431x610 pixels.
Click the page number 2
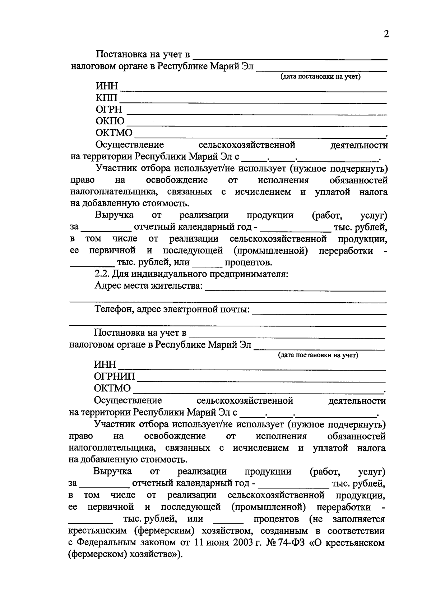click(x=386, y=35)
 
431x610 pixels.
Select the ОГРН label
click(x=109, y=109)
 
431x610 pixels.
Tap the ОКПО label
click(x=110, y=121)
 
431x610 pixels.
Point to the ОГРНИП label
click(x=115, y=376)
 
